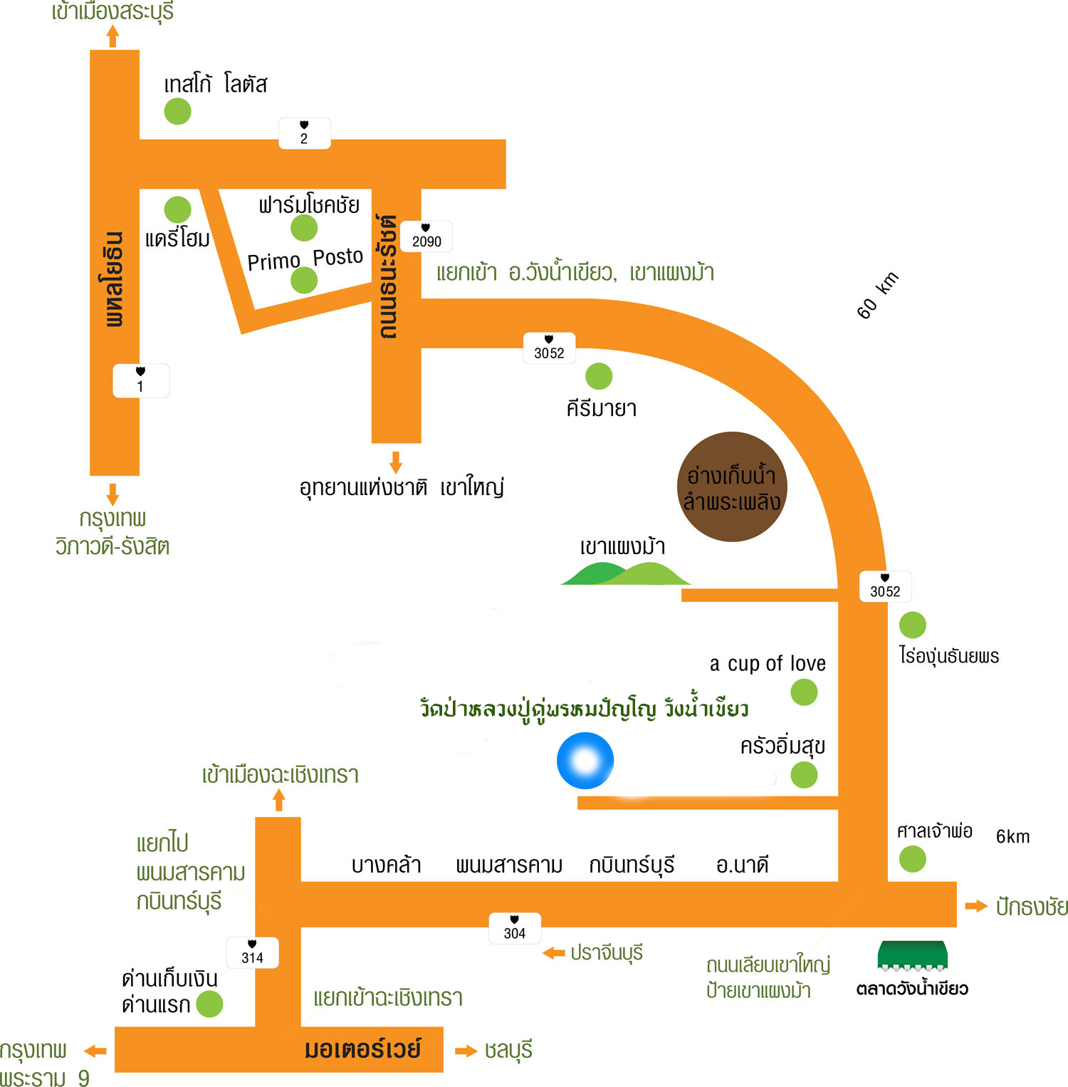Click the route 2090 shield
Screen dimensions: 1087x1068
(426, 236)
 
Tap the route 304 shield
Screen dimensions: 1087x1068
(515, 928)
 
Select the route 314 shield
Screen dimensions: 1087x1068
(252, 952)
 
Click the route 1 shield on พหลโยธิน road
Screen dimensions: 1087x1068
(140, 380)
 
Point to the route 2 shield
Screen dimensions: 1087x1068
(304, 133)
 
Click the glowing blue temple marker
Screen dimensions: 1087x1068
(585, 761)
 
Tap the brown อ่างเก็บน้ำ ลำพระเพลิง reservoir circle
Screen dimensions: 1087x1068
(731, 487)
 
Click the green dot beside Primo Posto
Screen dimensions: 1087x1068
(304, 281)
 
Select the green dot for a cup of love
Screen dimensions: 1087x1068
(804, 692)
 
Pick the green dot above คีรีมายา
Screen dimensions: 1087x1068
(599, 376)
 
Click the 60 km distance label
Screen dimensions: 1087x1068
(877, 295)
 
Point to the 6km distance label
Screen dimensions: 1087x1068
(1012, 836)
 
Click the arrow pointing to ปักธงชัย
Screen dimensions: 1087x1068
(975, 906)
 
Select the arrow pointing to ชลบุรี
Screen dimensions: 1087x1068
(466, 1051)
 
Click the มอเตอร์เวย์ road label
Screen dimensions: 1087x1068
(362, 1049)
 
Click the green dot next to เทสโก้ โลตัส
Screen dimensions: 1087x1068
(177, 111)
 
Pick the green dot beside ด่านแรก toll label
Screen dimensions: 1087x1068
(209, 1004)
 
